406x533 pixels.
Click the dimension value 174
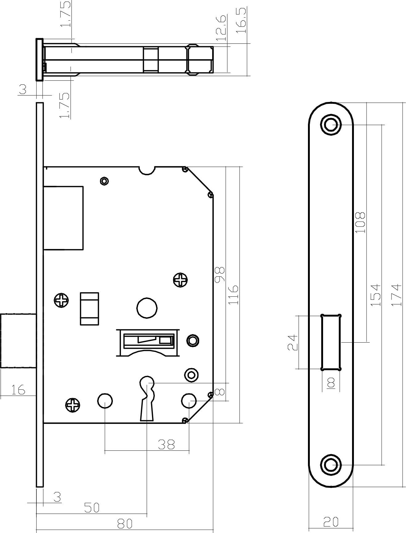[397, 295]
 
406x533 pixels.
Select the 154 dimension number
[375, 295]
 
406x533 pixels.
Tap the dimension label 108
[360, 222]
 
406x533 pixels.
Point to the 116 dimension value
[234, 295]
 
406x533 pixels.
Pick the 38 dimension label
[166, 445]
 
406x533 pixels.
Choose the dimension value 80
[125, 523]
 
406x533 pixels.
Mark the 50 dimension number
[92, 507]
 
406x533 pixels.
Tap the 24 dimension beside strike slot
[293, 342]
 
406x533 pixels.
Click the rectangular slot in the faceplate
[331, 342]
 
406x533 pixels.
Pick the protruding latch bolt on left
[18, 341]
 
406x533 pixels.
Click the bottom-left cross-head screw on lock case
[73, 405]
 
